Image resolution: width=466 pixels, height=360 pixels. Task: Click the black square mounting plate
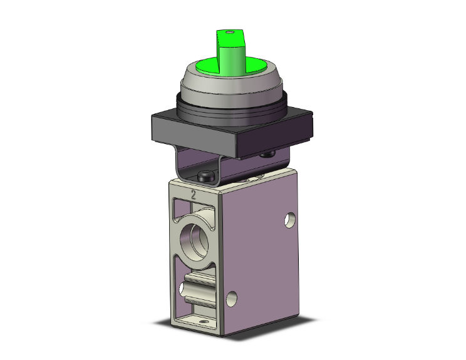click(232, 133)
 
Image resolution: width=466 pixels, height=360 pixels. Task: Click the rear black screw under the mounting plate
click(267, 154)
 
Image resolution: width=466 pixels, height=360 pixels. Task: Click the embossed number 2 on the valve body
click(194, 195)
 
